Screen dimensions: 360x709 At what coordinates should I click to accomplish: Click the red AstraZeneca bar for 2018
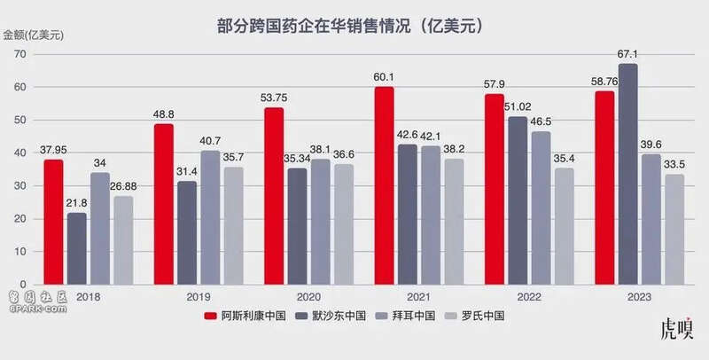click(x=54, y=222)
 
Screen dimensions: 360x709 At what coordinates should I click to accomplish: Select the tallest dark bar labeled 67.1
click(x=628, y=174)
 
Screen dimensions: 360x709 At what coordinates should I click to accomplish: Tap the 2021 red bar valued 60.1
click(x=384, y=185)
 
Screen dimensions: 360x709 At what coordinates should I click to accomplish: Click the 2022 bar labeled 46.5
click(x=541, y=207)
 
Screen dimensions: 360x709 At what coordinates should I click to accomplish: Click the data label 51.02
click(x=518, y=108)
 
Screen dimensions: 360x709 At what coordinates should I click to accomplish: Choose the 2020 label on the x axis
click(x=308, y=297)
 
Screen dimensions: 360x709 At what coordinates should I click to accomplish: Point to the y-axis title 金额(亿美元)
click(x=32, y=35)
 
